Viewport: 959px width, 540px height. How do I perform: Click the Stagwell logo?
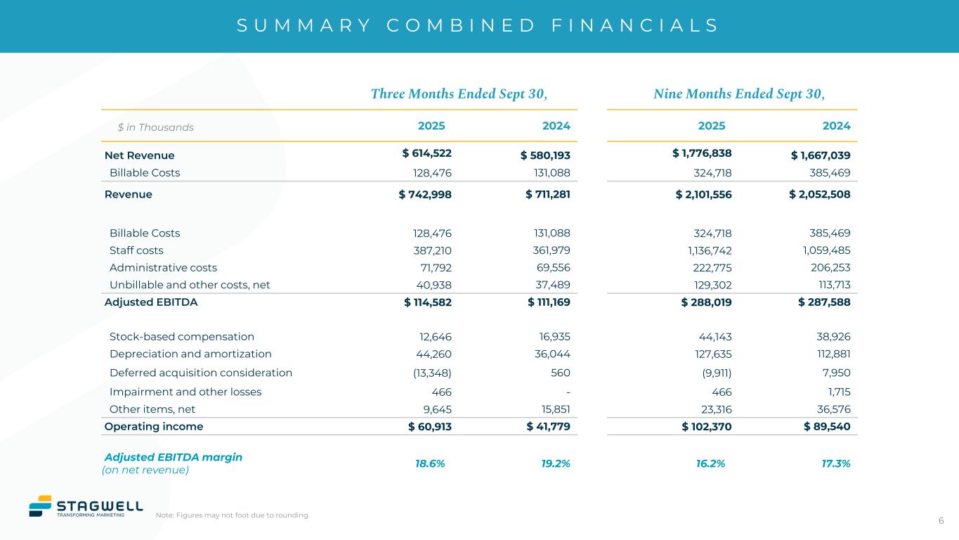coord(86,506)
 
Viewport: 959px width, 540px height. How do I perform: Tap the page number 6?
coord(941,520)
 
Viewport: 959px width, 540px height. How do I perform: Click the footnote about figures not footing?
coord(233,515)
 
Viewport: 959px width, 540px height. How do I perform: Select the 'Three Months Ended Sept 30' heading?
coord(459,94)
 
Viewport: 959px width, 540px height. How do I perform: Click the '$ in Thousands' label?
coord(155,127)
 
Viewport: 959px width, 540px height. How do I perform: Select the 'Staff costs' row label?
coord(136,250)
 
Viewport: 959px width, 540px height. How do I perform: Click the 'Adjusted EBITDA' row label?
coord(151,302)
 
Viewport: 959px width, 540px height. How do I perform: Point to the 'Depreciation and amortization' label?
coord(190,354)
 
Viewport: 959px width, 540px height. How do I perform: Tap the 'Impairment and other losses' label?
coord(185,392)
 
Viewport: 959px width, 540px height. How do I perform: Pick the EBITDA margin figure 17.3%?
coord(835,463)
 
